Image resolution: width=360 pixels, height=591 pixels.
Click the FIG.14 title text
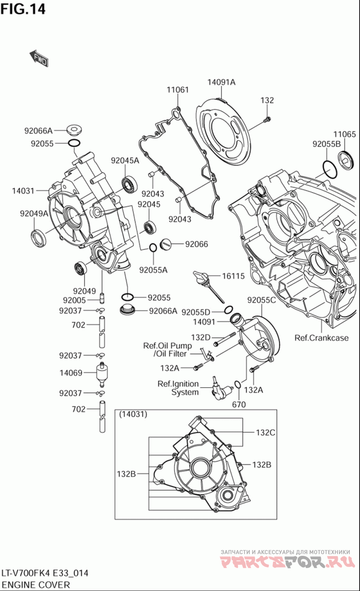(23, 9)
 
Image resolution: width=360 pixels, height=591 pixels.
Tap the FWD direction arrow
(39, 59)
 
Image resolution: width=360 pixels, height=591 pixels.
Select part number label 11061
(178, 90)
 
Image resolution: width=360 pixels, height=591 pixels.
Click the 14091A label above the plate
(221, 82)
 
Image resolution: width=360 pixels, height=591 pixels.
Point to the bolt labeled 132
(268, 119)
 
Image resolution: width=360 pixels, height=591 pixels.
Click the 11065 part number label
(344, 134)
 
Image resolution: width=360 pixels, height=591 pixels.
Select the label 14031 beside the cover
(23, 191)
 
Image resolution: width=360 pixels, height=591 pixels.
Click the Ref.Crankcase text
(321, 338)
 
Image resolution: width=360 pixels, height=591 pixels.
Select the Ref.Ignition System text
(178, 388)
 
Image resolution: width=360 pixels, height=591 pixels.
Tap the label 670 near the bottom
(239, 404)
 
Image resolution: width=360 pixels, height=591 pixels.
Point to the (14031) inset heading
(133, 415)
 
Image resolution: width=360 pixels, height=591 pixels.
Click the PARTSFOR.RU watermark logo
(285, 561)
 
